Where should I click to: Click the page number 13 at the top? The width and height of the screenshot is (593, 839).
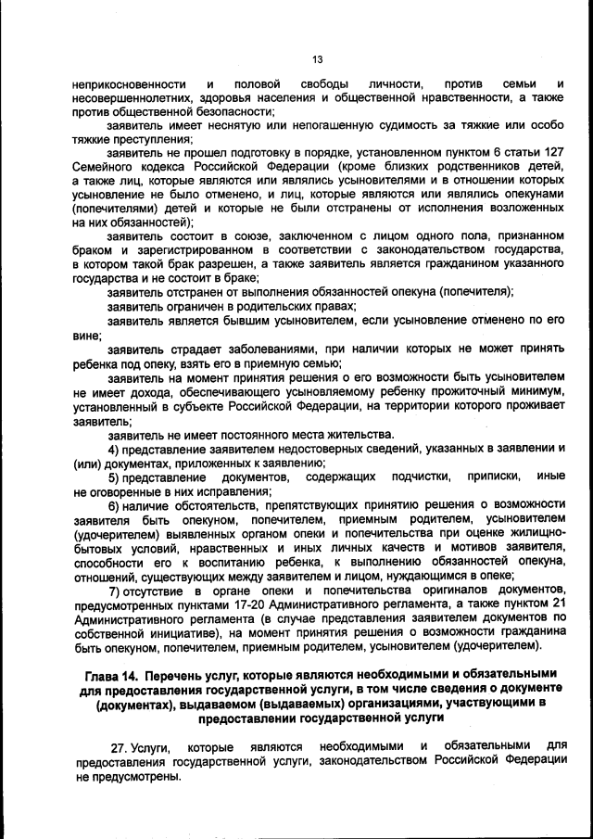click(x=316, y=59)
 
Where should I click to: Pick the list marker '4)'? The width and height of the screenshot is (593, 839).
click(x=114, y=449)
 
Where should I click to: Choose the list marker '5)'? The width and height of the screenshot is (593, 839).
click(x=115, y=477)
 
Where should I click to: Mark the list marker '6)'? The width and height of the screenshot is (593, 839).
click(x=115, y=505)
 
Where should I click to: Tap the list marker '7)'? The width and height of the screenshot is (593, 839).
click(x=115, y=591)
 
